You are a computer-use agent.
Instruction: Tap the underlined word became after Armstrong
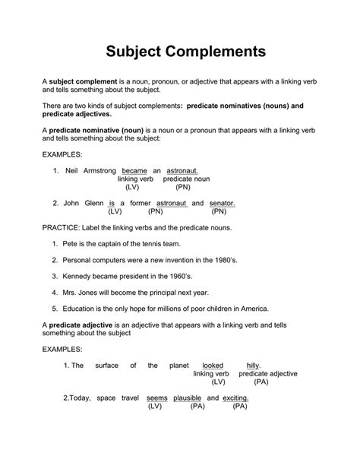click(134, 171)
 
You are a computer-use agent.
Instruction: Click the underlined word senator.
click(222, 204)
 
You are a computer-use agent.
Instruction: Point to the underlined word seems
click(156, 398)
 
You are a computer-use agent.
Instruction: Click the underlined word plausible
click(187, 398)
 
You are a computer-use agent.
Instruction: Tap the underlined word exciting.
click(236, 398)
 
